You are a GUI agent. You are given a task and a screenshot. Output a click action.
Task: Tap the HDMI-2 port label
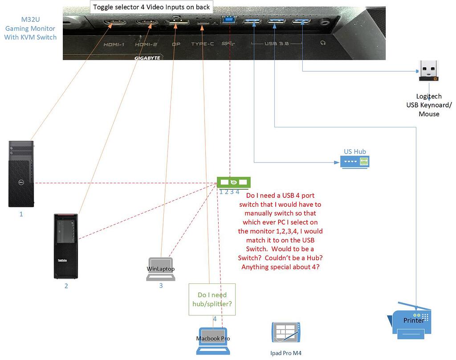click(x=146, y=45)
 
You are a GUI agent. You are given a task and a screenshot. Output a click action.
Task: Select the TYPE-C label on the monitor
click(x=203, y=44)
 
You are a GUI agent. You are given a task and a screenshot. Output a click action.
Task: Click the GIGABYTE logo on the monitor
click(x=147, y=57)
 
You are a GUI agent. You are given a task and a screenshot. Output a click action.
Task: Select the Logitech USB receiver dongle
click(x=429, y=71)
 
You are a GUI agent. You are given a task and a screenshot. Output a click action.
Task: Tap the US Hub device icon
click(x=355, y=161)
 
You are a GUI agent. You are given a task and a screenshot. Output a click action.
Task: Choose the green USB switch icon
click(x=234, y=182)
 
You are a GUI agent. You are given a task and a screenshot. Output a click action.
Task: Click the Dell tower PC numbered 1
click(x=21, y=174)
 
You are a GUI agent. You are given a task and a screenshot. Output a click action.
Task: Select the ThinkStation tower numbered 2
click(x=65, y=246)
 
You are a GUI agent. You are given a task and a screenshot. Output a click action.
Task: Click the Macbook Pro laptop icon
click(x=213, y=341)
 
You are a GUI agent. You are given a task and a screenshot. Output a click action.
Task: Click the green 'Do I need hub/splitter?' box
click(x=212, y=299)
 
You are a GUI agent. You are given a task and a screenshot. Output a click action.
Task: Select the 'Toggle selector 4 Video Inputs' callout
click(x=151, y=7)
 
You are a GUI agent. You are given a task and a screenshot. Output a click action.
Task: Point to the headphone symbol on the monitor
click(x=322, y=43)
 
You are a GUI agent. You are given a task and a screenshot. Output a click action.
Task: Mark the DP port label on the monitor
click(x=176, y=45)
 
